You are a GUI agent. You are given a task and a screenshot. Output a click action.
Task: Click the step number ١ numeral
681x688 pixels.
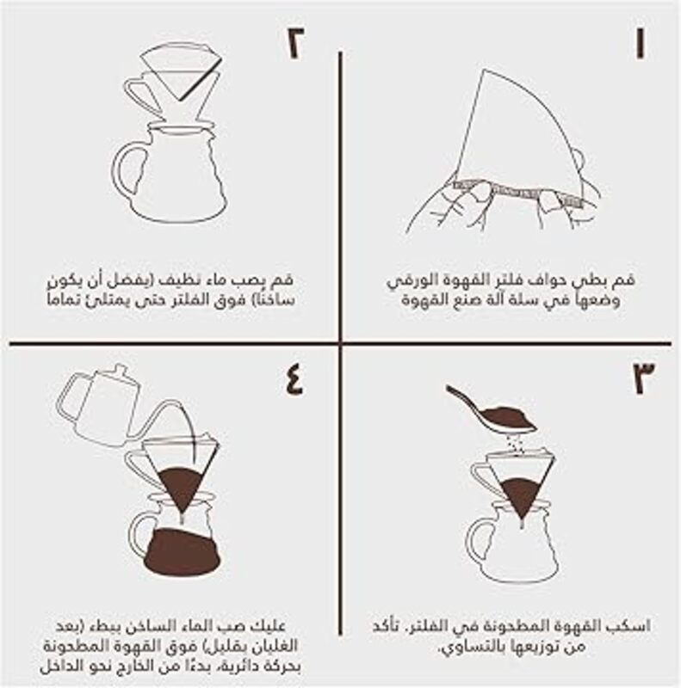pos(641,44)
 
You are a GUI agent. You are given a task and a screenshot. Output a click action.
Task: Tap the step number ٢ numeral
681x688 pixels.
pos(295,44)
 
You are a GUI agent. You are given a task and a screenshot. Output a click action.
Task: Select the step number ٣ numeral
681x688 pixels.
pos(644,378)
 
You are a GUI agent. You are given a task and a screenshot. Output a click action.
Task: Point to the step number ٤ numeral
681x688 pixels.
pos(294,379)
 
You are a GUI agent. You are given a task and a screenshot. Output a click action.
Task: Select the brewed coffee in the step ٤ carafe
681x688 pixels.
pos(182,552)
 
